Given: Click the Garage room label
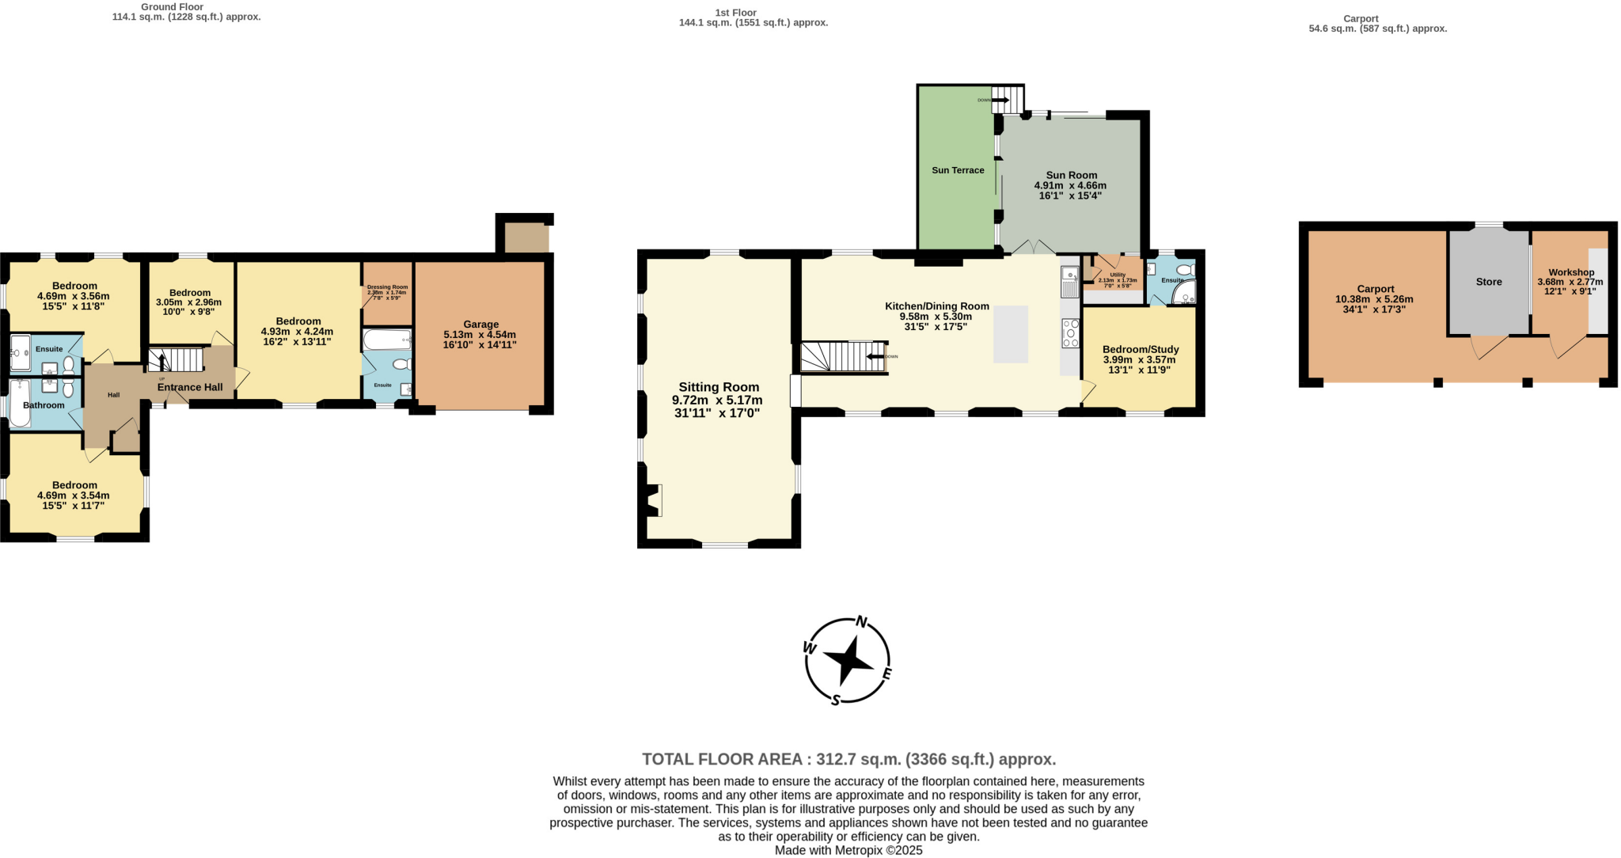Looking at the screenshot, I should click(480, 325).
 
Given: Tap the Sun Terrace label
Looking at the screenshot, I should click(958, 170).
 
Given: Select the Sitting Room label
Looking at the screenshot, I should click(718, 387).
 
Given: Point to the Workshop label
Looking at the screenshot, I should click(1571, 272).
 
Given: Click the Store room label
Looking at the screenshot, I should click(1488, 282).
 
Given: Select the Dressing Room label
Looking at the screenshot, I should click(387, 287).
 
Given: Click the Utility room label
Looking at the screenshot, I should click(1118, 275).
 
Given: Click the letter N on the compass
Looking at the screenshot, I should click(862, 621).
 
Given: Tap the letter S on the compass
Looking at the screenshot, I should click(835, 700).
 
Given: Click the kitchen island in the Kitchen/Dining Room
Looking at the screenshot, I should click(1011, 334).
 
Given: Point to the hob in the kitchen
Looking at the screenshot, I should click(1070, 333).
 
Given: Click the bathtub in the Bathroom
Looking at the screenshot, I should click(20, 404).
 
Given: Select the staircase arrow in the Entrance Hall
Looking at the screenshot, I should click(162, 362).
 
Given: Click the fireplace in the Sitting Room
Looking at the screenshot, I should click(653, 500).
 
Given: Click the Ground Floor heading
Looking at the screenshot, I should click(172, 7).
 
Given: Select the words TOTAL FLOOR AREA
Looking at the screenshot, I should click(722, 760).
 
